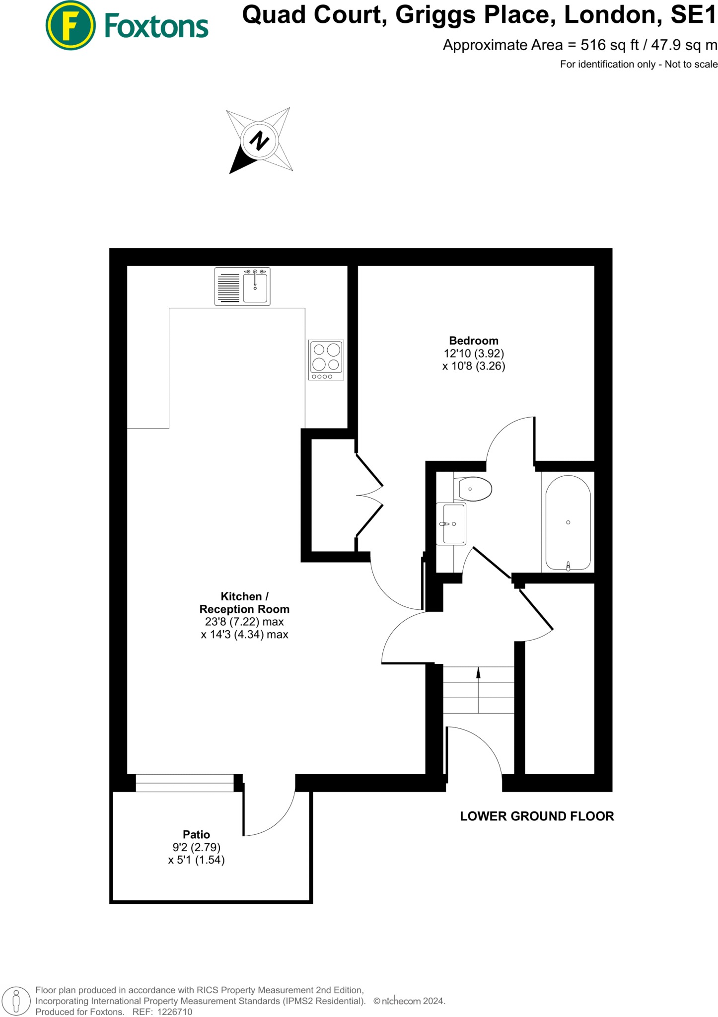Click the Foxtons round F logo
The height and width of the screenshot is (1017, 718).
point(70,25)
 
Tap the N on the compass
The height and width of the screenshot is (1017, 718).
point(259,141)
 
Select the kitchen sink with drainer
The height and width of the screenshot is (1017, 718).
point(242,286)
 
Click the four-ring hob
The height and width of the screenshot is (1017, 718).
point(326,360)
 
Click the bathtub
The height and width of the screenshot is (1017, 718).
point(568,522)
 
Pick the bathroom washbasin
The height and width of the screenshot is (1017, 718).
point(451,523)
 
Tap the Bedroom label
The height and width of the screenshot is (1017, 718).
point(474,341)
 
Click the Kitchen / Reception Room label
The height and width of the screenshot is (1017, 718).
point(244,602)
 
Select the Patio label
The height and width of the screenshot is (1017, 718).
point(196,834)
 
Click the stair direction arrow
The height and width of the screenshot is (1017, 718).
point(478,673)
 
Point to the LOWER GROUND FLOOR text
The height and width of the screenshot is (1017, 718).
point(537,816)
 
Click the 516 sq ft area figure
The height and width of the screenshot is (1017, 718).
point(610,45)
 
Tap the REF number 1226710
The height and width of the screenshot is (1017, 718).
point(174,1012)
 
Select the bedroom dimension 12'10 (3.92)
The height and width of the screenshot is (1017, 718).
point(474,354)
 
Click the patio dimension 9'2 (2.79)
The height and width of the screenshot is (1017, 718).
point(196,847)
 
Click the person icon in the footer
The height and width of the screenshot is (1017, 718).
point(16,1001)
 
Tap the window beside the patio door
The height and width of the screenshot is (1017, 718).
point(185,783)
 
